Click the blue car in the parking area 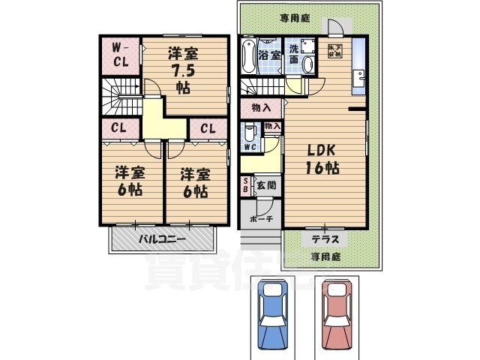click(272, 316)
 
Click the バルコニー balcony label click(163, 240)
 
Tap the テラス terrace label click(325, 239)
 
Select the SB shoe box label click(245, 185)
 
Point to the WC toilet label click(250, 147)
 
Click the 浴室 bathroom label click(270, 55)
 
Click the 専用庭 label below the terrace click(325, 256)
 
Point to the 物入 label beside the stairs click(261, 109)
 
